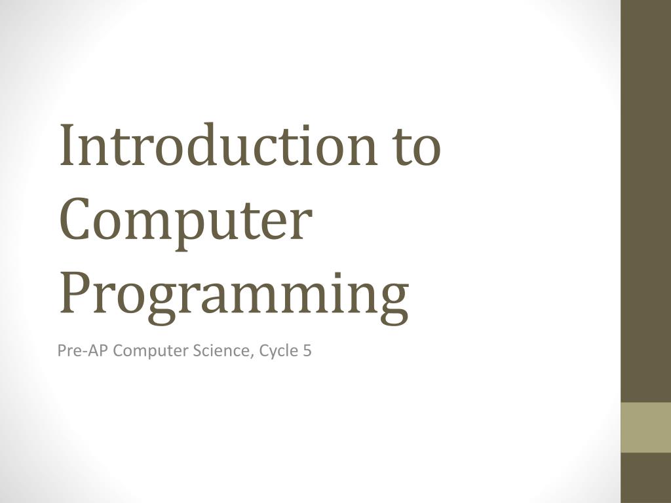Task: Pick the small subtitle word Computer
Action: tap(151, 352)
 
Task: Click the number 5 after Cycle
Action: tap(307, 351)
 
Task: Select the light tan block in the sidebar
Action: tap(645, 427)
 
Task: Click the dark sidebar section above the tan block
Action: tap(645, 196)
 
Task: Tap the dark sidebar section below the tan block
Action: tap(645, 477)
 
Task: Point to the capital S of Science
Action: tap(197, 351)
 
